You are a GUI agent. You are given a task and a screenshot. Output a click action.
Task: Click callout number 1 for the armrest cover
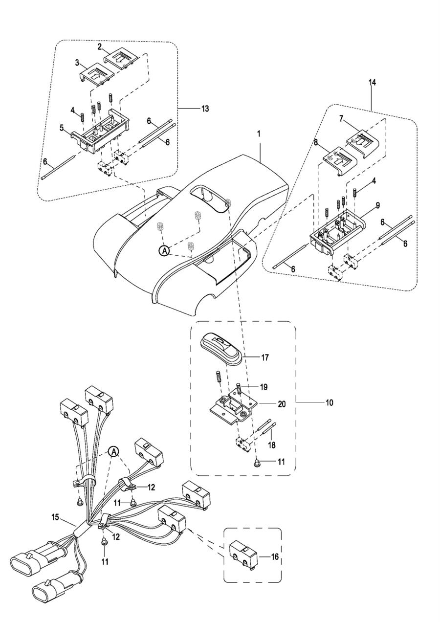point(259,133)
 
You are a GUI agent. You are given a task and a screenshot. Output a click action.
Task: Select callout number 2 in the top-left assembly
point(100,47)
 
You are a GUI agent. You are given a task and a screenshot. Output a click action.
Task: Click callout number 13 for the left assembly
point(205,108)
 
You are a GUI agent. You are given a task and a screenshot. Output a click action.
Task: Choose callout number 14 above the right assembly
point(372,83)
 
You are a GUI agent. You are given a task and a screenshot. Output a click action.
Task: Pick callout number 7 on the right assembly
point(341,119)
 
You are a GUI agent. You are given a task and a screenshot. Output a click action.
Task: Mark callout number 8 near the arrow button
point(315,142)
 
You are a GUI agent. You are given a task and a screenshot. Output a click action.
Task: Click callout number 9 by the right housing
point(378,205)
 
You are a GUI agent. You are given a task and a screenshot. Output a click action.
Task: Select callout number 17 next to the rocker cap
point(265,357)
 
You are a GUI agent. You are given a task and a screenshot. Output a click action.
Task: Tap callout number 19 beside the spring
point(264,387)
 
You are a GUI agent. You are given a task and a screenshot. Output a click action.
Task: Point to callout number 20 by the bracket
point(282,404)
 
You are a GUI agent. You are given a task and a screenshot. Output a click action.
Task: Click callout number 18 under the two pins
point(272,445)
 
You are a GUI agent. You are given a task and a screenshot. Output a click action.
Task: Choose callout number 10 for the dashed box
point(329,402)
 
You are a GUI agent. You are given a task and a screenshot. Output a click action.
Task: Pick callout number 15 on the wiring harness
point(56,517)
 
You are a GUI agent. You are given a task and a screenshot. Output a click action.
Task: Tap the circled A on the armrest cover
point(164,251)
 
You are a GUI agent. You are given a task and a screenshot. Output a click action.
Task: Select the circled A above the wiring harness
point(113,452)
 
